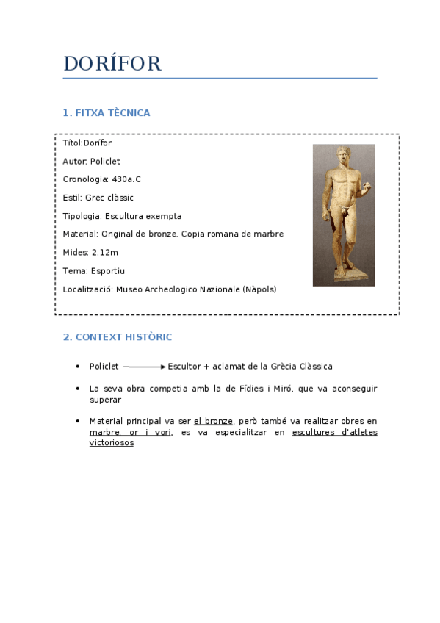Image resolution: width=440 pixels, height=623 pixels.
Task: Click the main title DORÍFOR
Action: pyautogui.click(x=112, y=65)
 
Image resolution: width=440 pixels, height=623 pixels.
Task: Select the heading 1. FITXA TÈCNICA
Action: pyautogui.click(x=107, y=113)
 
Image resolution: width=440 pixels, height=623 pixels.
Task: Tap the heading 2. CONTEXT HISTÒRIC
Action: pyautogui.click(x=118, y=337)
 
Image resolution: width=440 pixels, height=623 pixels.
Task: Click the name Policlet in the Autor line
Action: pyautogui.click(x=105, y=162)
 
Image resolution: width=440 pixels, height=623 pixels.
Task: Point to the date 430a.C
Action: pyautogui.click(x=126, y=180)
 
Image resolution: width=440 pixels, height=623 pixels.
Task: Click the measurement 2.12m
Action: pyautogui.click(x=105, y=253)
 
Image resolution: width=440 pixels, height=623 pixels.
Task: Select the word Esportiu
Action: pyautogui.click(x=108, y=271)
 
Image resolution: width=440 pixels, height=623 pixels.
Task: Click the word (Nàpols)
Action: pyautogui.click(x=259, y=289)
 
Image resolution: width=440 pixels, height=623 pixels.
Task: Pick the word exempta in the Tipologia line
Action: pyautogui.click(x=165, y=217)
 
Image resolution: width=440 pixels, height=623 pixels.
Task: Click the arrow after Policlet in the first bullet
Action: pyautogui.click(x=144, y=367)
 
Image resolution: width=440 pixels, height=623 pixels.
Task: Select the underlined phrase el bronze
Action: pyautogui.click(x=213, y=421)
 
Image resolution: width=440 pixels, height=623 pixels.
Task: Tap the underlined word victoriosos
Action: pyautogui.click(x=112, y=444)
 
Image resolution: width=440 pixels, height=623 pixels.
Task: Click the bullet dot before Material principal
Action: pyautogui.click(x=77, y=421)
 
